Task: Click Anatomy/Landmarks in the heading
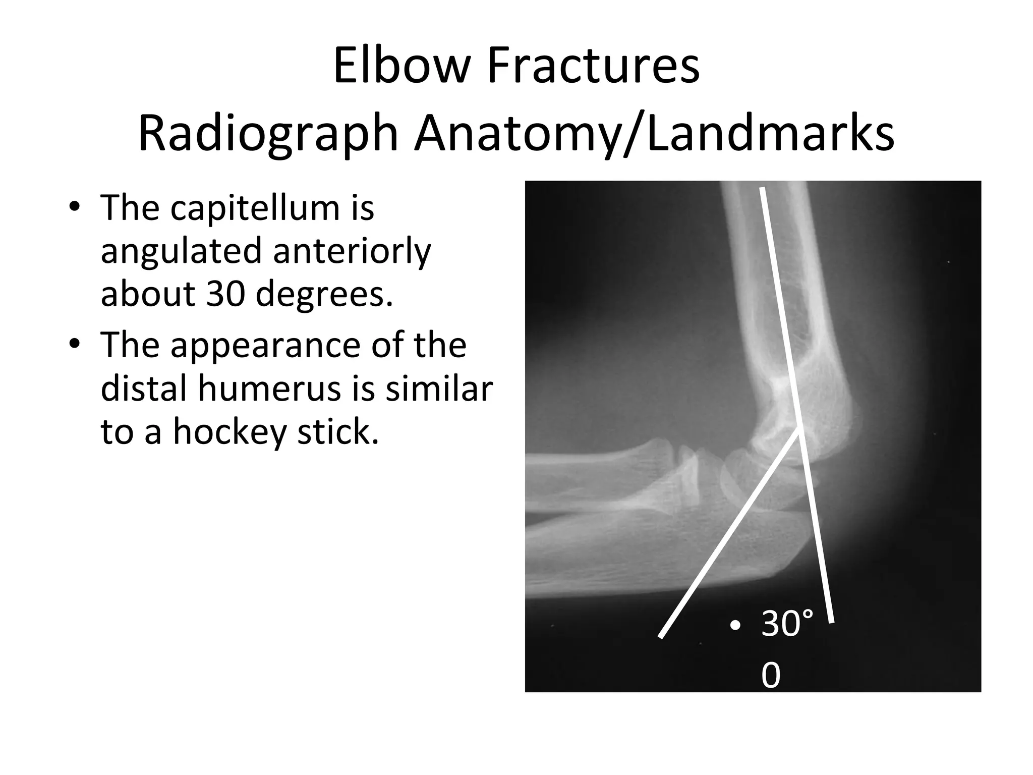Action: click(654, 134)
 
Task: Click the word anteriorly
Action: click(352, 251)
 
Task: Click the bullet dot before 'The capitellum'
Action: click(75, 207)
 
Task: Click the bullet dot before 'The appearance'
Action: click(75, 345)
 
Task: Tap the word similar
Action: click(439, 388)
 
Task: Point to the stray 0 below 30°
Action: click(770, 675)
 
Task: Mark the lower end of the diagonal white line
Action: click(660, 637)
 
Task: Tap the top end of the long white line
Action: click(762, 189)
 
